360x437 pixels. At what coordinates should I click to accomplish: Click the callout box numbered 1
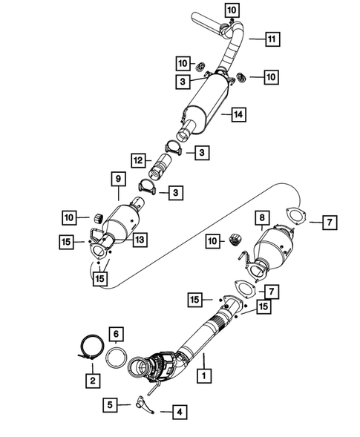click(x=203, y=377)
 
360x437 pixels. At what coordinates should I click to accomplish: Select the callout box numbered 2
click(x=93, y=381)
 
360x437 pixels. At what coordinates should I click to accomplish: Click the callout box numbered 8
click(x=261, y=218)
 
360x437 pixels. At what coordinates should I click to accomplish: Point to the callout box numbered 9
click(x=117, y=178)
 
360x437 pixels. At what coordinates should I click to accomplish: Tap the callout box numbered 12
click(x=137, y=160)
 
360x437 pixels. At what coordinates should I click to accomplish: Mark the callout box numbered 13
click(x=139, y=239)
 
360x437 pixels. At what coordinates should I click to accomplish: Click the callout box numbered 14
click(x=238, y=115)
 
